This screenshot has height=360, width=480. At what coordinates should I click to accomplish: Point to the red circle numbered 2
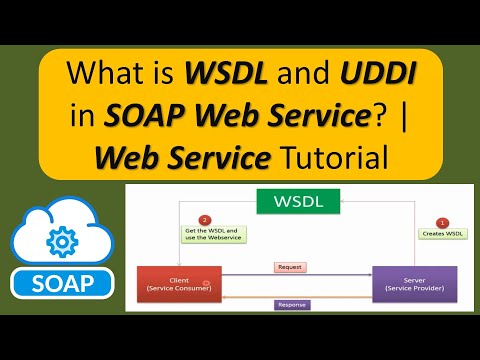click(x=205, y=220)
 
